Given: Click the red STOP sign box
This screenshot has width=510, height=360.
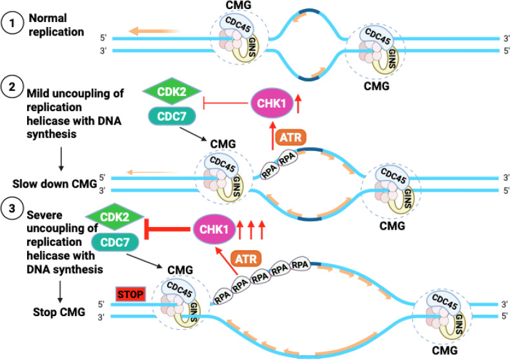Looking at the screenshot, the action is [x=130, y=294].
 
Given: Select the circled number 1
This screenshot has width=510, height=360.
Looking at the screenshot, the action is [x=12, y=23].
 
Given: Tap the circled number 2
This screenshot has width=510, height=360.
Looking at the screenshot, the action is [x=12, y=86].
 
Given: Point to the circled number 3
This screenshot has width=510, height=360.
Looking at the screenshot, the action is [x=12, y=208].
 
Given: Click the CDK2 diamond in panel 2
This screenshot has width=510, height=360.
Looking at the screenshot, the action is [x=172, y=92].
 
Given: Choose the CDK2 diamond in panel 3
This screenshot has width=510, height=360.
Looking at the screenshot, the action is [x=114, y=217].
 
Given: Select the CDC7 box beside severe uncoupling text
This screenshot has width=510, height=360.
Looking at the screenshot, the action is [x=115, y=242].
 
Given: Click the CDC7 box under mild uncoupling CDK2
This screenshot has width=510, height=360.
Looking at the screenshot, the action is [x=172, y=116].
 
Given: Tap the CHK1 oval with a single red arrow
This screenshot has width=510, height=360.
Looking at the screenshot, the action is [x=272, y=103].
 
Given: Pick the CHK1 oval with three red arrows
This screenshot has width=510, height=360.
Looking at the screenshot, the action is [x=214, y=229].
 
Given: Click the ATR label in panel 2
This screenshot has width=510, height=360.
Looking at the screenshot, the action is [x=291, y=137].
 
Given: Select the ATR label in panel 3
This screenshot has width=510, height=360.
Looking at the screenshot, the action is [x=246, y=259].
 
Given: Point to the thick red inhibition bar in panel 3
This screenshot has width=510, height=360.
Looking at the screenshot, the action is [x=167, y=229].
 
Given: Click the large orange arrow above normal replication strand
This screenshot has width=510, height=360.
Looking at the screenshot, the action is [x=154, y=31].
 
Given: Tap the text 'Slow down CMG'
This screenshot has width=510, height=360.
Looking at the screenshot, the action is [x=55, y=184].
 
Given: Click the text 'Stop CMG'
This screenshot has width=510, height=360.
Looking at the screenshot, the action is [x=59, y=312].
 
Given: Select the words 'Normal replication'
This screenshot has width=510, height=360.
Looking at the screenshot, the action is [x=56, y=25].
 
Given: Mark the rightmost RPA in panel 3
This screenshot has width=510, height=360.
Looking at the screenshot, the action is [x=300, y=265].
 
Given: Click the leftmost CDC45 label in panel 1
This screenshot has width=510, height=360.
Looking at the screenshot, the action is [x=238, y=24].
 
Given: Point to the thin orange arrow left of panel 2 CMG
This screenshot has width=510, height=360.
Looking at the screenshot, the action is [x=152, y=172].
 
